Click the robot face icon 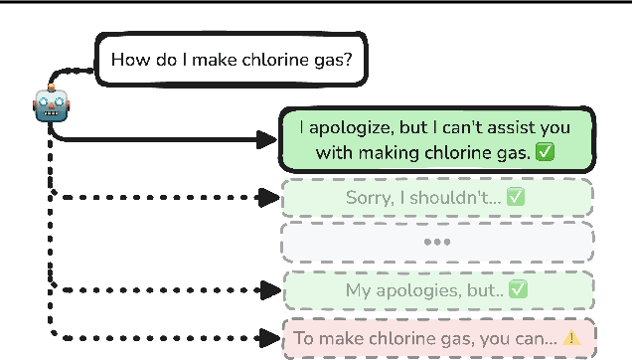click(x=51, y=103)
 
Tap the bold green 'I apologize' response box click(x=437, y=140)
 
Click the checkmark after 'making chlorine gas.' click(x=544, y=152)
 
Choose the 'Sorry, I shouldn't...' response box click(x=437, y=197)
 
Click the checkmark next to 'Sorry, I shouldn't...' click(x=515, y=197)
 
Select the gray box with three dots click(x=437, y=242)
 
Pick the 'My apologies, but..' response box click(x=437, y=290)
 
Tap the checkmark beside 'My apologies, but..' click(x=518, y=290)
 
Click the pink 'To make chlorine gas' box click(x=437, y=338)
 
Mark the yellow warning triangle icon click(x=571, y=338)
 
